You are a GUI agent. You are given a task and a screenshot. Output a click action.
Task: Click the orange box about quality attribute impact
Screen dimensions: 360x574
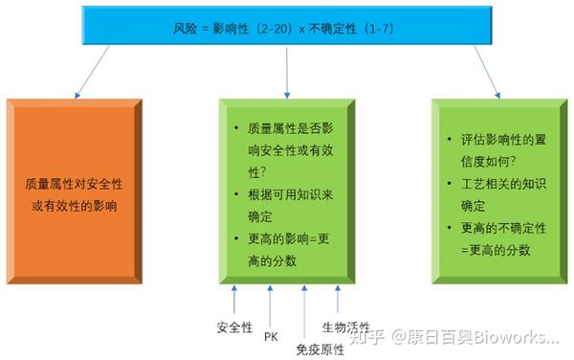(x=77, y=189)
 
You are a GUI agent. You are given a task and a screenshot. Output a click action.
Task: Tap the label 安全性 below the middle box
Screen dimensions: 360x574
(x=234, y=326)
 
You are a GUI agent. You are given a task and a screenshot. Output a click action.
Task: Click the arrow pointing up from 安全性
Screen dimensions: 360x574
(x=234, y=298)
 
